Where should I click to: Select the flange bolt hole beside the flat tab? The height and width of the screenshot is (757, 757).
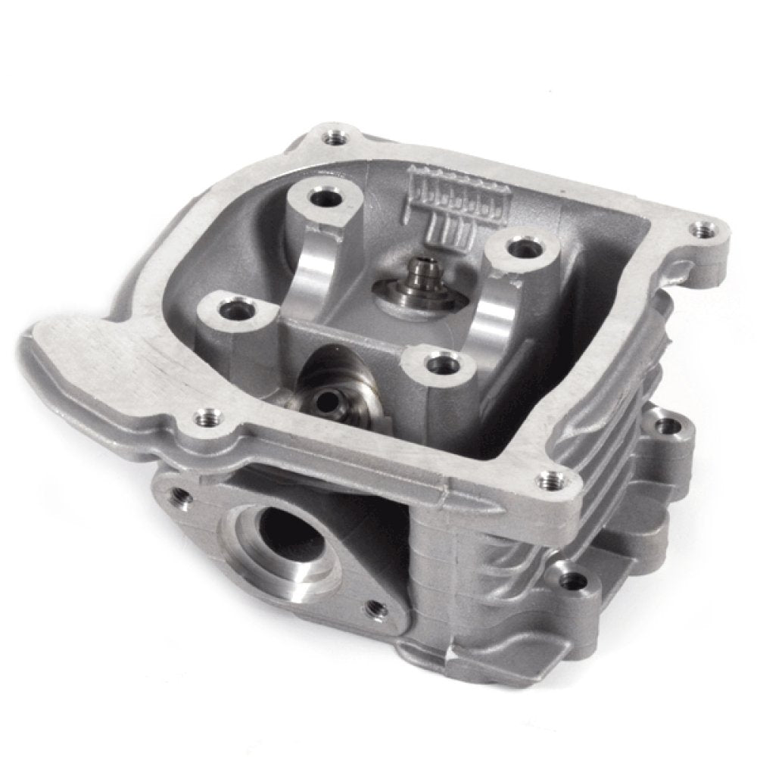click(x=204, y=416)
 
